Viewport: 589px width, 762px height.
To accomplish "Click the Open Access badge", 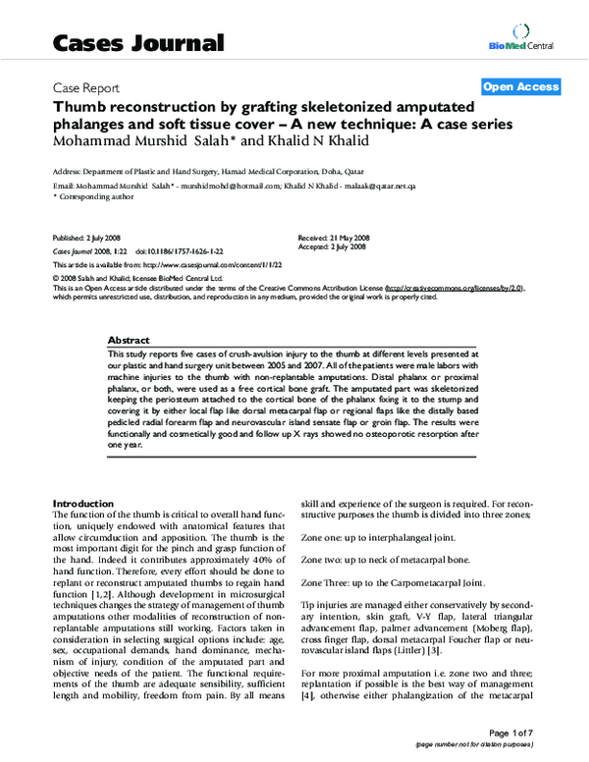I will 521,86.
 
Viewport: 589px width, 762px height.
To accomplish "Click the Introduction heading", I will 84,503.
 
